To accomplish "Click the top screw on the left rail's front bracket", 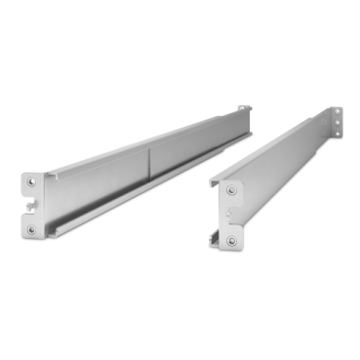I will click(31, 180).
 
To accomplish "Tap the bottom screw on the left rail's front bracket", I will click(31, 229).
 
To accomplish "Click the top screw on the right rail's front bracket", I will click(231, 190).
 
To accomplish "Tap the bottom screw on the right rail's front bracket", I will click(231, 240).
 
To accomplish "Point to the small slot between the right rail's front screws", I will click(230, 216).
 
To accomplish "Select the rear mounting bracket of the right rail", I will click(335, 121).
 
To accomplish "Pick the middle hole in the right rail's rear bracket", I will click(336, 122).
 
